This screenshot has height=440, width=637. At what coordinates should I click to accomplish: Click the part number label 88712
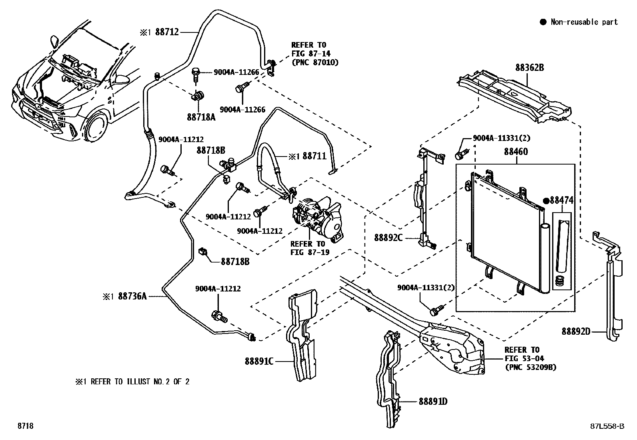coord(167,32)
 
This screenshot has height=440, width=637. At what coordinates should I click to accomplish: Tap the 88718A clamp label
coord(201,117)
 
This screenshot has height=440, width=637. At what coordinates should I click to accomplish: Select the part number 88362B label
coord(529,67)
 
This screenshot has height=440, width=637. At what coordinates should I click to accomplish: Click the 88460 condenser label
coord(516,151)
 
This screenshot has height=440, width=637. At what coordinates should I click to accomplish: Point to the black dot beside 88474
coord(546,201)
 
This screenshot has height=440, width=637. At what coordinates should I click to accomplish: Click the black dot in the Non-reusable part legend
coord(543,22)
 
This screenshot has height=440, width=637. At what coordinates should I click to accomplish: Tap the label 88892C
coord(388,237)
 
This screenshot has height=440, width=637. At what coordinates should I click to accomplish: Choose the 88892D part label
coord(576,331)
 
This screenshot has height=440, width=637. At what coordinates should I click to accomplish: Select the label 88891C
coord(259,361)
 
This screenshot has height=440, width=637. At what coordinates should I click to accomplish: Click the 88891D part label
coord(433,402)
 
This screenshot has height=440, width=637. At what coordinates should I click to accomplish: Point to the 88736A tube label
coord(132,296)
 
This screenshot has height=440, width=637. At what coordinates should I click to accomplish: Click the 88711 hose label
coord(314,156)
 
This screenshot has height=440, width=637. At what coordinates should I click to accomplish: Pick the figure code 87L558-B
coord(607,426)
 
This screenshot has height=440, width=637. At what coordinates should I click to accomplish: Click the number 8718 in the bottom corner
coord(25,426)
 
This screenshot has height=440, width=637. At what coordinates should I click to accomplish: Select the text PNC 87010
coord(315,62)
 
